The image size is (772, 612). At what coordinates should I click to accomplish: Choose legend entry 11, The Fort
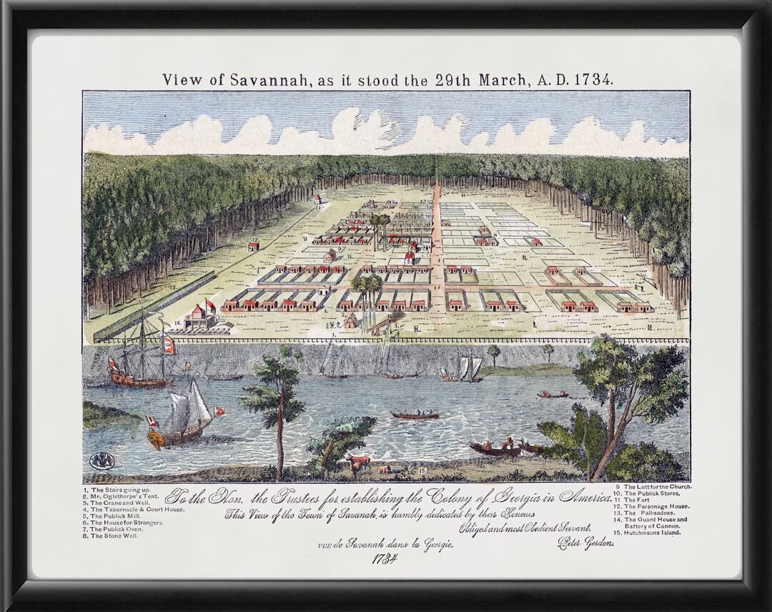(x=637, y=500)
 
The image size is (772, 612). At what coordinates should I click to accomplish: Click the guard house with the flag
(x=199, y=317)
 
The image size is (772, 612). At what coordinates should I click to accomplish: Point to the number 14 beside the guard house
(x=177, y=323)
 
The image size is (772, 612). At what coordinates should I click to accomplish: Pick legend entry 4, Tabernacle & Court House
(x=133, y=509)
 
